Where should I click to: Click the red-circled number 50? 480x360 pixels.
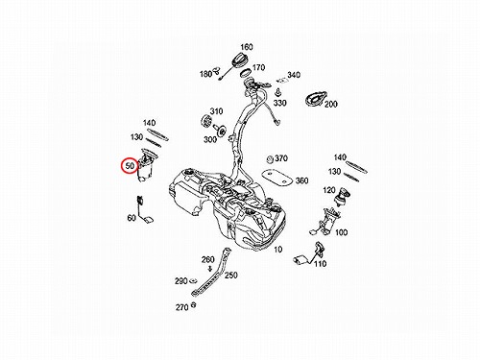tap(130, 166)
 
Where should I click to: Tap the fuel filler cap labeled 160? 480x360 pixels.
tap(241, 60)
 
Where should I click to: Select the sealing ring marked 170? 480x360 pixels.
tap(246, 74)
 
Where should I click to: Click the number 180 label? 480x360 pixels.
tap(205, 74)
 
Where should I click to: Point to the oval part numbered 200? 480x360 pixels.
tap(316, 99)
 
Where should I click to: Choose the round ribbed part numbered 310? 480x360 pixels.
tap(207, 122)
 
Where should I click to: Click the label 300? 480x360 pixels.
tap(210, 139)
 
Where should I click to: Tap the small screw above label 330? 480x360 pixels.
tap(277, 92)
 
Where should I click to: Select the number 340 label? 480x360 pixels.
tap(294, 75)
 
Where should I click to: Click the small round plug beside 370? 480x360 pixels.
tap(271, 159)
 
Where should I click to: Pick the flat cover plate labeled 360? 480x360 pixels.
tap(276, 178)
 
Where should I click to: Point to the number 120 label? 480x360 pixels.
tap(329, 191)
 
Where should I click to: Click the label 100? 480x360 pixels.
tap(341, 232)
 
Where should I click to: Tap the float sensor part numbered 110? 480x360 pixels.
tap(308, 254)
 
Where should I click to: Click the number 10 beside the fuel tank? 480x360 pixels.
tap(277, 250)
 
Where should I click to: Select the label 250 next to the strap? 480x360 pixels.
tap(230, 276)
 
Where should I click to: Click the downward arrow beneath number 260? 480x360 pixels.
tap(210, 268)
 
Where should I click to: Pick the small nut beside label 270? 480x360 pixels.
tap(193, 305)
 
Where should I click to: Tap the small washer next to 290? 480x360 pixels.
tap(193, 281)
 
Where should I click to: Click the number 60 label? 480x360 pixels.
tap(132, 218)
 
